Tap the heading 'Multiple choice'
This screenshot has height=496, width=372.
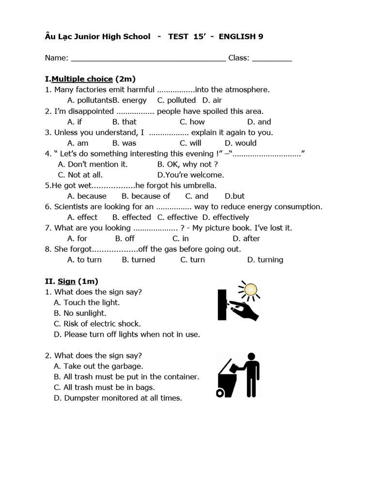click(82, 79)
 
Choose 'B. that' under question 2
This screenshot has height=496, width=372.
click(124, 122)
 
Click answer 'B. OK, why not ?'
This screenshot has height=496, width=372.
click(187, 164)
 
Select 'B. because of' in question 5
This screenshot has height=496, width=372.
click(146, 196)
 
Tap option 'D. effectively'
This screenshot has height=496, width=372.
click(225, 217)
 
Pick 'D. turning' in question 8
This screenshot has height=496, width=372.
click(265, 260)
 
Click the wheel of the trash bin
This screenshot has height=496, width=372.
click(221, 393)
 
